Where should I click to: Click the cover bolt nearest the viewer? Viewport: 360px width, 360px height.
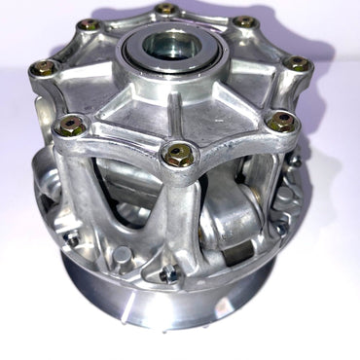click(178, 153)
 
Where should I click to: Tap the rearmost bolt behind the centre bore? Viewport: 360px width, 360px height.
click(166, 11)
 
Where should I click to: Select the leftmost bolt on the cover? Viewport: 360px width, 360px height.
click(43, 68)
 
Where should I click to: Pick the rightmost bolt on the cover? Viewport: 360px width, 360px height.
click(298, 64)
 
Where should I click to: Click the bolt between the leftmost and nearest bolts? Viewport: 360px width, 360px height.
click(69, 125)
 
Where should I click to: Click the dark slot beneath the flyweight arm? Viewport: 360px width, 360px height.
click(234, 255)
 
